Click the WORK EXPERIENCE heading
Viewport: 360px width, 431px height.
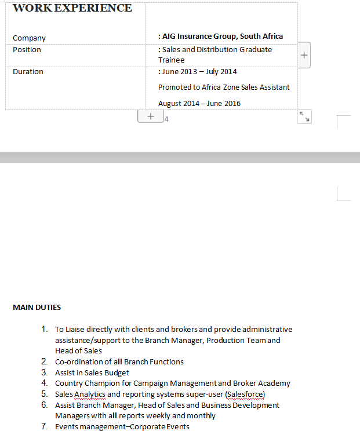coord(72,8)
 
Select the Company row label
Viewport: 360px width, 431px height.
coord(29,38)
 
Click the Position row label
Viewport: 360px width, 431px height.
coord(27,50)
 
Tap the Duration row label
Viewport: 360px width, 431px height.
coord(28,72)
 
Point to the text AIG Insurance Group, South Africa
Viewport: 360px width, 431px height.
coord(223,36)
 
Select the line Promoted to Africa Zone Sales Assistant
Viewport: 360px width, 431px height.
coord(224,87)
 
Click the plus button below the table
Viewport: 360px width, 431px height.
coord(151,116)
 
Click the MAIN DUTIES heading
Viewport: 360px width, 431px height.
coord(37,308)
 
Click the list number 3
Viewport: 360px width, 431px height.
coord(44,372)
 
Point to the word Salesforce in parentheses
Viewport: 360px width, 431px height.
coord(245,394)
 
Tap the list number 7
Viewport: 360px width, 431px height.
coord(44,426)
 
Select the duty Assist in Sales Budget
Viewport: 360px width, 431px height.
coord(92,373)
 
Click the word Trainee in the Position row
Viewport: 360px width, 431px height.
coord(171,60)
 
